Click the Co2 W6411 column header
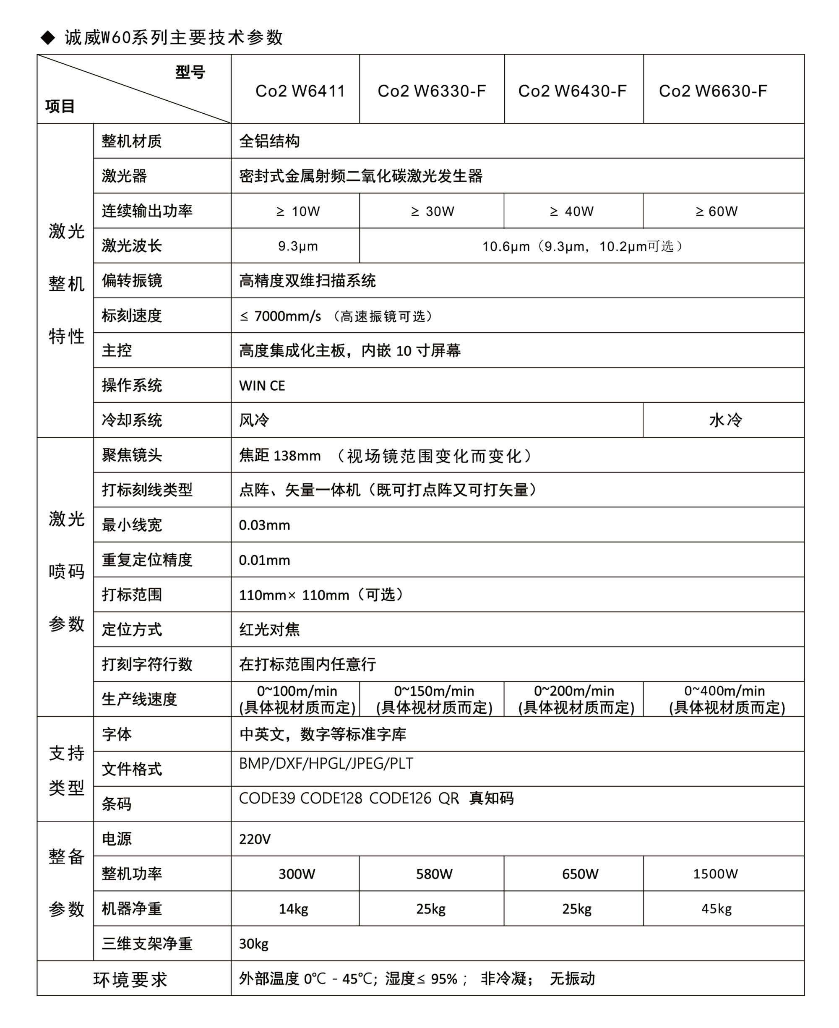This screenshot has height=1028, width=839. [300, 91]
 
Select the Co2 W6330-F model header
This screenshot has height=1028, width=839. [432, 91]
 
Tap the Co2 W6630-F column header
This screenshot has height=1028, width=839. [713, 91]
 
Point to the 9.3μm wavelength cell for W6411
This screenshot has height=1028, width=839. [298, 246]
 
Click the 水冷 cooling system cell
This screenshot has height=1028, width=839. [725, 420]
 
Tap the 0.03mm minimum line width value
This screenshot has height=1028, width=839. [264, 525]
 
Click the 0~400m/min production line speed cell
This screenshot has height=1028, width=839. [725, 699]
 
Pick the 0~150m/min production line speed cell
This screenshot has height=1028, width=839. [433, 699]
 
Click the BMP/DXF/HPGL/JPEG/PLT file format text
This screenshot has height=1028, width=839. [326, 764]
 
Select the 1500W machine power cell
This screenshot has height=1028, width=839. [715, 874]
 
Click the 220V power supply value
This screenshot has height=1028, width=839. [255, 839]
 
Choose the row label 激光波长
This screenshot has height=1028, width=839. [131, 246]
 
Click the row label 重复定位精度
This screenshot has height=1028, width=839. [147, 560]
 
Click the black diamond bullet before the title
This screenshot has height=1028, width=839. [48, 38]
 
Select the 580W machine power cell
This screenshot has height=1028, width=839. [434, 874]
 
